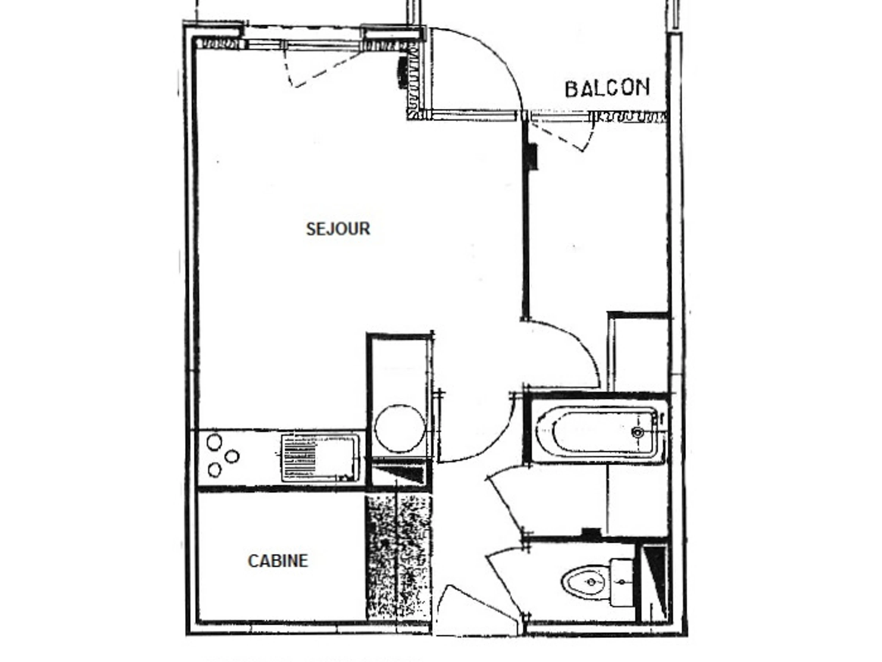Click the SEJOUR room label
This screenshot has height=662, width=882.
click(338, 229)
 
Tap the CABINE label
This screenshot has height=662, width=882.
click(278, 561)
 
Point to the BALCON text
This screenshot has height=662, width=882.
click(607, 88)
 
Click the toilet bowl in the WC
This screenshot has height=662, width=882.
click(586, 583)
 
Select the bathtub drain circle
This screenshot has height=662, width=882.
click(638, 432)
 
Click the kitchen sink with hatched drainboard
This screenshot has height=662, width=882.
click(320, 458)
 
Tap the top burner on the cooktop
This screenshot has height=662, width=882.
click(214, 442)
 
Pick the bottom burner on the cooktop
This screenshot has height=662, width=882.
click(215, 470)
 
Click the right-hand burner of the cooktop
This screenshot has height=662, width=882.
click(232, 456)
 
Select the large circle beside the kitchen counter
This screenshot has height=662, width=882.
click(400, 429)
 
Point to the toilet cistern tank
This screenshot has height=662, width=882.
click(622, 583)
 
